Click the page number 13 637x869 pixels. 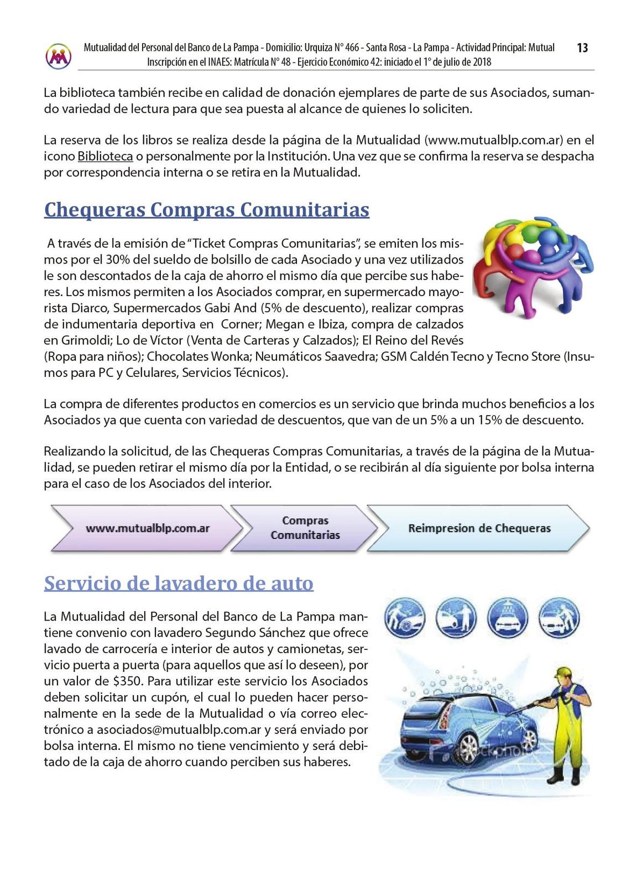582,48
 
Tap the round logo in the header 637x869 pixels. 58,56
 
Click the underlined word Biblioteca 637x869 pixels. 105,156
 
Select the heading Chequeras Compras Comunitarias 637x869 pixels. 207,210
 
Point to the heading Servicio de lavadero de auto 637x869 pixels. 179,583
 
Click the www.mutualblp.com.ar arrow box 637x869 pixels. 147,528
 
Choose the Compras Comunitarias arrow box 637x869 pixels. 305,528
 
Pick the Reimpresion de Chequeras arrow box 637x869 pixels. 479,528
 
